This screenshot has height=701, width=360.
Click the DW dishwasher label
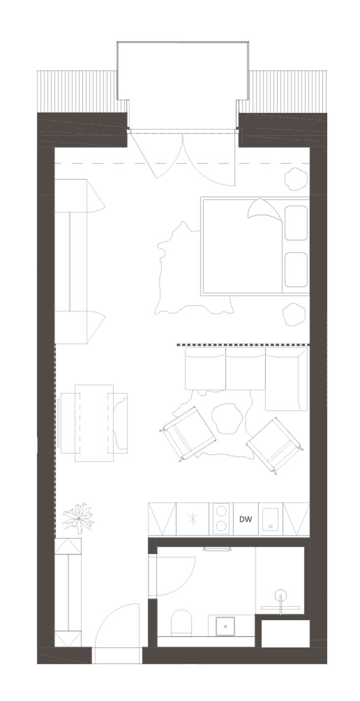click(245, 519)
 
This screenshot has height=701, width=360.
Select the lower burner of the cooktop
click(221, 526)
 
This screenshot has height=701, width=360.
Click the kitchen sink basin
click(269, 519)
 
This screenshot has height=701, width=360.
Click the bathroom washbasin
click(226, 626)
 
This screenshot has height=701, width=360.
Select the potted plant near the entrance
click(78, 518)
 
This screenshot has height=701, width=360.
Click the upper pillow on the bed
click(296, 223)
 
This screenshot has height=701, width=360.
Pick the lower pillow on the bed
click(296, 269)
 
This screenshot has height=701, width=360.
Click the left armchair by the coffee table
click(188, 433)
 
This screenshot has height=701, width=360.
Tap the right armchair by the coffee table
click(275, 445)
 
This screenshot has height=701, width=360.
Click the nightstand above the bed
click(295, 179)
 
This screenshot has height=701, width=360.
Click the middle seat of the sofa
click(245, 369)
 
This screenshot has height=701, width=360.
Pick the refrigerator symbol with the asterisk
click(192, 519)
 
